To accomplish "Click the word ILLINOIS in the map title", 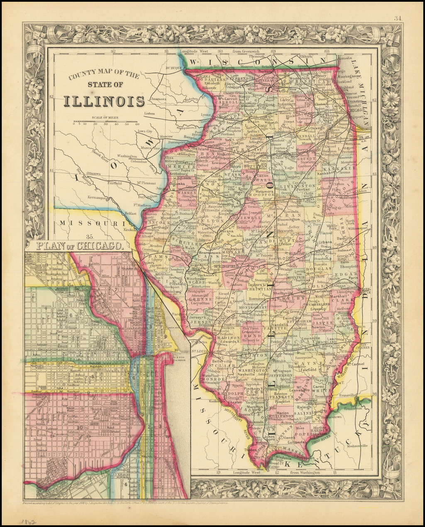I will (x=104, y=101).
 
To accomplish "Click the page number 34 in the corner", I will (x=399, y=17).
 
